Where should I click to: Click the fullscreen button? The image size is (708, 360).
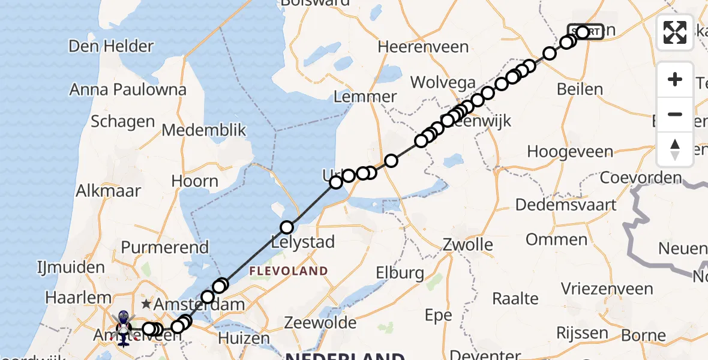point(675,32)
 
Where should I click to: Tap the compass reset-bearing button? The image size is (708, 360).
point(675,149)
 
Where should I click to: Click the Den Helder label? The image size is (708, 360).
point(111,46)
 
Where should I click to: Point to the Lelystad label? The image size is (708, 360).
point(303,244)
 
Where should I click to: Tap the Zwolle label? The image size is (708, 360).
point(467,245)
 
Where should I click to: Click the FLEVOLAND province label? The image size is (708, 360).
point(289,271)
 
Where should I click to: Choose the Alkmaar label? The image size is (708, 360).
point(109,191)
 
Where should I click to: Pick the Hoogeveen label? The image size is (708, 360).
point(565,152)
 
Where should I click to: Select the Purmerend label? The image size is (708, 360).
point(165,247)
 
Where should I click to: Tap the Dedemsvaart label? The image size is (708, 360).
point(566,205)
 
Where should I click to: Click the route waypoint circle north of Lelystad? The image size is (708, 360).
point(287,227)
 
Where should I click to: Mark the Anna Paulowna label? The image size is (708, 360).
point(128,90)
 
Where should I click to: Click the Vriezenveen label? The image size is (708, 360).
point(598,289)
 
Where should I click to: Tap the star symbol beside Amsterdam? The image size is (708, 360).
point(146,304)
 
